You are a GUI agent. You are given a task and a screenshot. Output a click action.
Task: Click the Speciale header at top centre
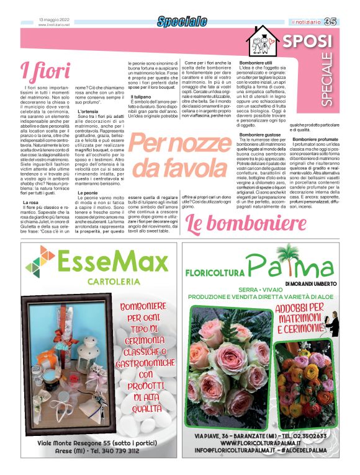[x=181, y=22]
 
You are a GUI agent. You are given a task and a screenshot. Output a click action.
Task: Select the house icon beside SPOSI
[x=262, y=42]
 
